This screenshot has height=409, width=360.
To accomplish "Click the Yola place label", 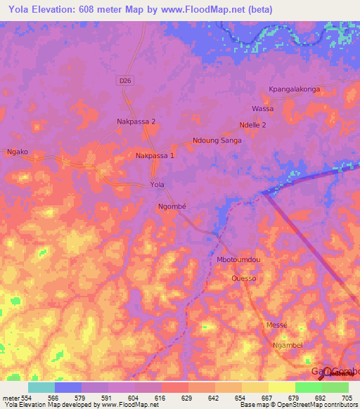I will pos(157,185).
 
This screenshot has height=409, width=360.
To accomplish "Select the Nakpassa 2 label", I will pos(136,122).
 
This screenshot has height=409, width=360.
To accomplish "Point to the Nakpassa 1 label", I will pos(155,155).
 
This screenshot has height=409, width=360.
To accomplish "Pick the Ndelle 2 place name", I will pos(252,125).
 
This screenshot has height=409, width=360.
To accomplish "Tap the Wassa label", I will pos(262,109).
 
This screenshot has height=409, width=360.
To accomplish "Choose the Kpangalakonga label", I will pos(294,89).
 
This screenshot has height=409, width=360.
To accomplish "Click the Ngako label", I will pos(17,152).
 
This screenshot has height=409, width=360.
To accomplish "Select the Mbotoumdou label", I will pos(238,259).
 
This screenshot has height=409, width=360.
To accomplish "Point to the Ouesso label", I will pos(243,278).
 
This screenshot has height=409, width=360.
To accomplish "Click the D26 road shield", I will pos(124,82).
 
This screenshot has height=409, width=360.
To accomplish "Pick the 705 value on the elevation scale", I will pos(346,398).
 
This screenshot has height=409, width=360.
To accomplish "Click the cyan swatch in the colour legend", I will pos(41,387).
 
